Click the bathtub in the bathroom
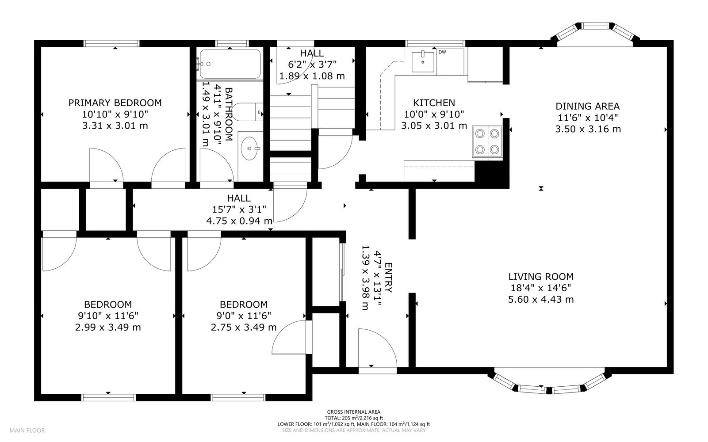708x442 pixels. (230, 64)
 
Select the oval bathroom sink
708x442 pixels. (250, 148)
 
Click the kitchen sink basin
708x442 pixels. (423, 62)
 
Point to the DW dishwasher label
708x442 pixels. (442, 52)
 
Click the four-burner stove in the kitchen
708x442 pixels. (487, 141)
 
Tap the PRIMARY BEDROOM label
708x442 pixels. (115, 103)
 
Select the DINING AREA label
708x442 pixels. (588, 106)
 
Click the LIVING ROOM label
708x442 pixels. (541, 277)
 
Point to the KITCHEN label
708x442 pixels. (434, 103)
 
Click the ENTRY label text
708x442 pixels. (388, 278)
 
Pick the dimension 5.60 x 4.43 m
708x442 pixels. (541, 299)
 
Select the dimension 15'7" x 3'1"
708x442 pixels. (239, 209)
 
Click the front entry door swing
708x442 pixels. (377, 348)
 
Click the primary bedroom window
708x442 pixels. (111, 43)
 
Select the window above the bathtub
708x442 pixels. (232, 43)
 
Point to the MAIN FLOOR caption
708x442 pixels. (27, 431)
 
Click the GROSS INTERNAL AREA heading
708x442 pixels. (354, 412)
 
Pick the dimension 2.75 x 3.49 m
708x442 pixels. (244, 328)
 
